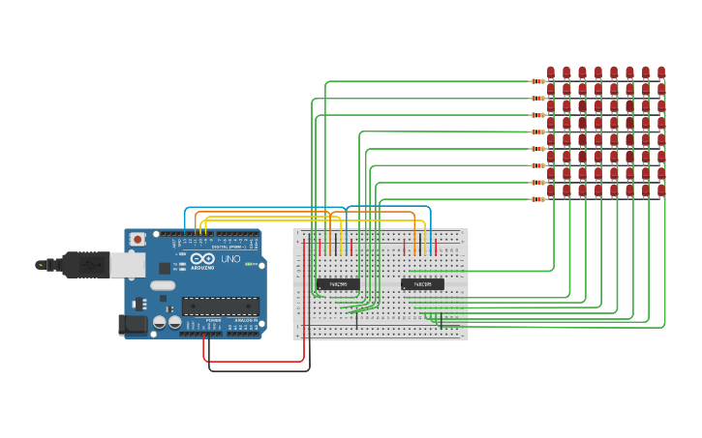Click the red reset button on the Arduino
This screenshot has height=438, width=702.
137,238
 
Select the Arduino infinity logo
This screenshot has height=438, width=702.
202,259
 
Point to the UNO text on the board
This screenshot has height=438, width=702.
230,259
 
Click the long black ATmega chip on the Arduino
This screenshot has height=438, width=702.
220,307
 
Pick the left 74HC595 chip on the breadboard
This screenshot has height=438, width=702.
338,284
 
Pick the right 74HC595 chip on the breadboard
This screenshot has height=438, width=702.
422,284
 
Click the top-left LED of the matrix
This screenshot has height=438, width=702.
551,72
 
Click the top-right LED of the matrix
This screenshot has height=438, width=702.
661,72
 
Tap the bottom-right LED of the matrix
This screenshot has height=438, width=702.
661,190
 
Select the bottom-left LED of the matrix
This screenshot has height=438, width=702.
551,190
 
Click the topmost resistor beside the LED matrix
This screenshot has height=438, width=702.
538,81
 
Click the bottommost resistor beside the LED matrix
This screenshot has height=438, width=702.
538,199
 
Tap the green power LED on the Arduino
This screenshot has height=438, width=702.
249,264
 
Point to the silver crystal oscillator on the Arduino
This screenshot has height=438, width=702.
163,285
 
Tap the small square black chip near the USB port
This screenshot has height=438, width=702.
165,268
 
